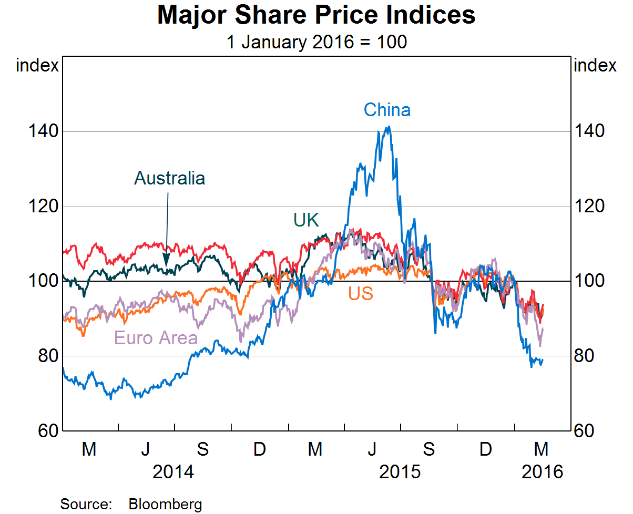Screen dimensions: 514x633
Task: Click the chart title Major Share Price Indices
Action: pos(316,16)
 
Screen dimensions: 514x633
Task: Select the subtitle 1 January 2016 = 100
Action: pos(316,42)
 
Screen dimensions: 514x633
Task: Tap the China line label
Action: pos(387,110)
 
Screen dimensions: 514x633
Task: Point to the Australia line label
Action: pos(169,178)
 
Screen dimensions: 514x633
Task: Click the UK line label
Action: pos(306,220)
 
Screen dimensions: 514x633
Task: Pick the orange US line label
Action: pos(361,294)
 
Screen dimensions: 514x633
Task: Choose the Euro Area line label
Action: pos(156,338)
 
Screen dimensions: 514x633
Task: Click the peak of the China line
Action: pos(389,127)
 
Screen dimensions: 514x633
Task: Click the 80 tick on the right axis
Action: pos(585,356)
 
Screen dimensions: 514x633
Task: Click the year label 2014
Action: pos(173,471)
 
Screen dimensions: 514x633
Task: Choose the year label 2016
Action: pos(542,471)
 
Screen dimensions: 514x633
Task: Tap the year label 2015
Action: pos(400,471)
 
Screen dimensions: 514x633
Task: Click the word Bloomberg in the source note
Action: pos(165,505)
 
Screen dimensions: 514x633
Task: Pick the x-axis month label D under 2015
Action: pos(486,449)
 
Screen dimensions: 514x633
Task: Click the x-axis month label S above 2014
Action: pos(202,449)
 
